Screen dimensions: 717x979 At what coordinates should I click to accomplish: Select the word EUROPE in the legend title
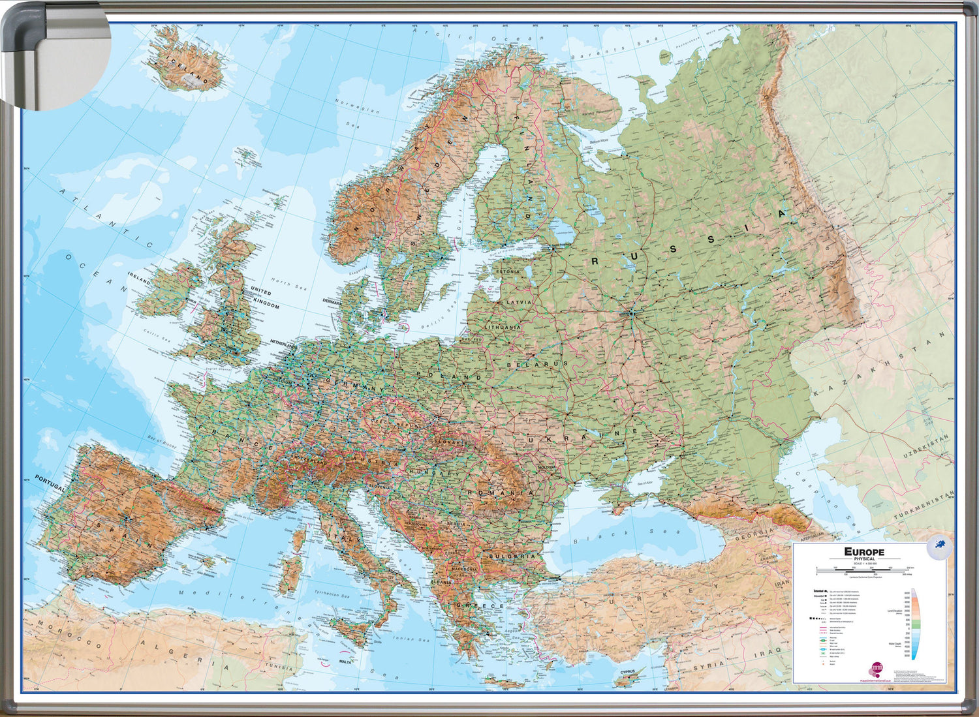pyautogui.click(x=864, y=552)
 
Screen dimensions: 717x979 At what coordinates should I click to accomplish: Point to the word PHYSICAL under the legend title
pyautogui.click(x=865, y=559)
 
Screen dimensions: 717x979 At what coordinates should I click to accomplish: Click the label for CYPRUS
pyautogui.click(x=628, y=671)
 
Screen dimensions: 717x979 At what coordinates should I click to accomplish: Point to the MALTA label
pyautogui.click(x=346, y=662)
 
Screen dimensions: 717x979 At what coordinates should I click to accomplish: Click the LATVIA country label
pyautogui.click(x=520, y=303)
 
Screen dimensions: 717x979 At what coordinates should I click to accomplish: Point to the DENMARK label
pyautogui.click(x=332, y=301)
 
